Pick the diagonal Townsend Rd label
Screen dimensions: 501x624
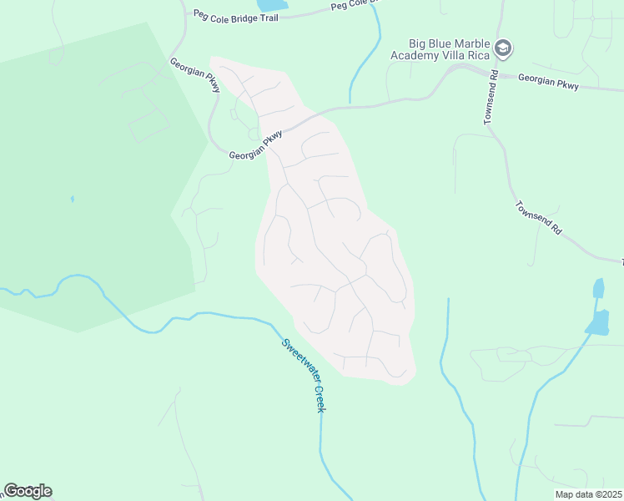tap(538, 217)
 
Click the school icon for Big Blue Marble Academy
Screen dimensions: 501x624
tap(502, 48)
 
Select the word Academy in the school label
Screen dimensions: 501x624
tap(419, 56)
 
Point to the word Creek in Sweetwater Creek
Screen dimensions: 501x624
tap(319, 398)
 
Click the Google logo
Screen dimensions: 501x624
tap(28, 491)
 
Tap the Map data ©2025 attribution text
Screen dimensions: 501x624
tap(588, 494)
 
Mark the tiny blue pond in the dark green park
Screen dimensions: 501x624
tap(72, 200)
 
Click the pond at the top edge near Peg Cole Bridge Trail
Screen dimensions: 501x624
tap(272, 5)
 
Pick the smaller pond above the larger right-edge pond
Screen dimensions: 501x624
tap(598, 289)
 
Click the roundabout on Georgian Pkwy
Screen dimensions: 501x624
tap(254, 134)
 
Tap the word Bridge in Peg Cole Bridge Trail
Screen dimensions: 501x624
tap(253, 16)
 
